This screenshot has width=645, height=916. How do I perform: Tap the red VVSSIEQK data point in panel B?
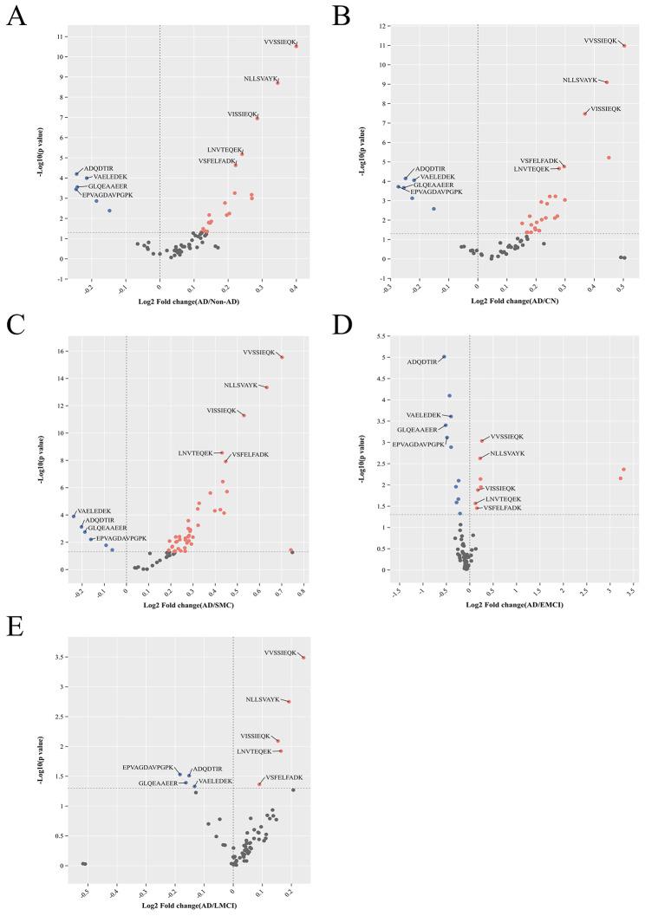click(x=623, y=45)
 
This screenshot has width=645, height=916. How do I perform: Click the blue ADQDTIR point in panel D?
click(x=444, y=357)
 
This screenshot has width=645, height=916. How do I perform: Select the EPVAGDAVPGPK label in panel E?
click(x=148, y=767)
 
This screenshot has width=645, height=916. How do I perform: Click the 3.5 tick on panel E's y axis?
click(x=54, y=658)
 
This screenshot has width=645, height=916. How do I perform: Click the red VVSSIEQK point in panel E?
click(x=303, y=658)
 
